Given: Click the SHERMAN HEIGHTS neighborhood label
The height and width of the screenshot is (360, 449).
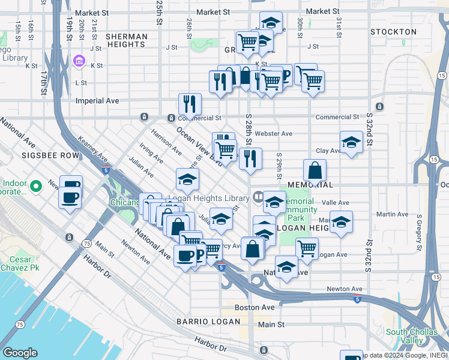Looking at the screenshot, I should (127, 41).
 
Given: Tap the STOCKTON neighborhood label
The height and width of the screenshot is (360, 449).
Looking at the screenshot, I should (393, 32).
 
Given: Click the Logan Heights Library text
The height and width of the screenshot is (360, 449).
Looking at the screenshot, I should (208, 198).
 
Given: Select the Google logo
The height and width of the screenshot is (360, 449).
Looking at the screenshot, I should (20, 353).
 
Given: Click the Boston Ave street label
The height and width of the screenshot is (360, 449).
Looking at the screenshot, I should (255, 307).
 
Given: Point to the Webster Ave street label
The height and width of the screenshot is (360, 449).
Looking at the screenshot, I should (273, 134).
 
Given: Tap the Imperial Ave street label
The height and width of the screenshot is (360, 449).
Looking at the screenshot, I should (97, 101).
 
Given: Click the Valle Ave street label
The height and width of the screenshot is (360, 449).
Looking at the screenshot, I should (336, 203).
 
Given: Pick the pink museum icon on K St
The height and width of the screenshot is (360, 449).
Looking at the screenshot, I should (79, 61).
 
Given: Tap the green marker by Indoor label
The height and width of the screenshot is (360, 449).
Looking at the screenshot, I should (35, 187).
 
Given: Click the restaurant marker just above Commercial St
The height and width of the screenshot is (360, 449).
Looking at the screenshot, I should (189, 103).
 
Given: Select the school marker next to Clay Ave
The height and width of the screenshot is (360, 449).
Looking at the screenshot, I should (351, 142).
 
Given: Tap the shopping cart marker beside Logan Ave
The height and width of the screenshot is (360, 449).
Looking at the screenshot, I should (307, 247).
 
